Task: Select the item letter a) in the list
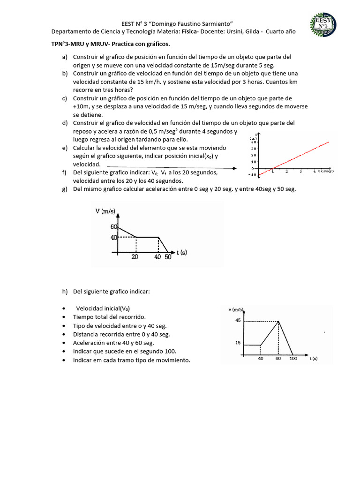pyautogui.click(x=65, y=57)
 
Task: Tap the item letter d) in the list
pyautogui.click(x=65, y=123)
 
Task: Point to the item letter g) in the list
pyautogui.click(x=65, y=189)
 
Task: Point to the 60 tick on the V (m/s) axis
pyautogui.click(x=113, y=227)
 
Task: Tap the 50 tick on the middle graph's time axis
pyautogui.click(x=168, y=257)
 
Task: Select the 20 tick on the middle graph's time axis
pyautogui.click(x=135, y=257)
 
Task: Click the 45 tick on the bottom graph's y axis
pyautogui.click(x=238, y=321)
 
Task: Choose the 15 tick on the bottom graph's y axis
pyautogui.click(x=238, y=343)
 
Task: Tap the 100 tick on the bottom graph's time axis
pyautogui.click(x=293, y=359)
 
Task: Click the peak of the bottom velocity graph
pyautogui.click(x=279, y=321)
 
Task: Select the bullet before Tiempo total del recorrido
pyautogui.click(x=63, y=317)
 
